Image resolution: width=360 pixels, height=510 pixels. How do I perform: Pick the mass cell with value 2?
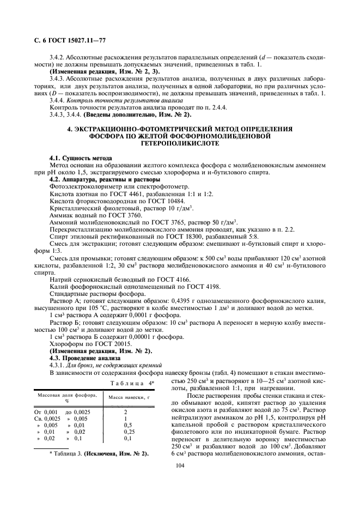click(126, 412)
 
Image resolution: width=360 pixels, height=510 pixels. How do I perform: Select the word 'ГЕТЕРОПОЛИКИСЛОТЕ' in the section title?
click(180, 144)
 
